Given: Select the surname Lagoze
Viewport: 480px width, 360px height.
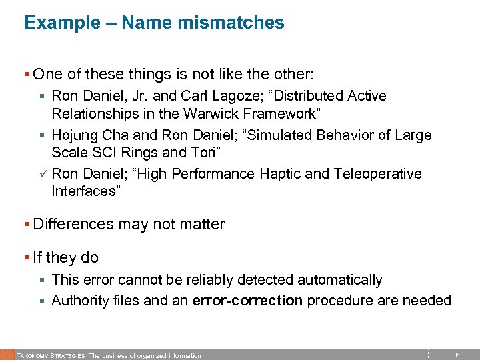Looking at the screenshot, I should pyautogui.click(x=228, y=97).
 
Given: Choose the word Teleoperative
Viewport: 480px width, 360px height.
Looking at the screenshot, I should pyautogui.click(x=379, y=174).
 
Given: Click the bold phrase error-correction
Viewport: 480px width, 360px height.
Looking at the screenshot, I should pyautogui.click(x=247, y=301).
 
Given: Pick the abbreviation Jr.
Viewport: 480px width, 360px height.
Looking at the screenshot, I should pyautogui.click(x=131, y=96).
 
